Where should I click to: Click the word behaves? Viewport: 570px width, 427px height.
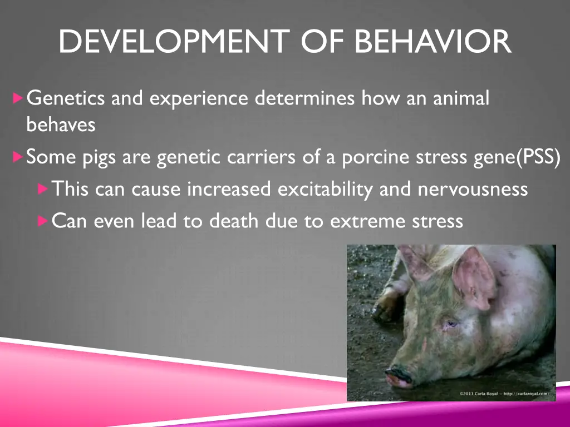point(61,125)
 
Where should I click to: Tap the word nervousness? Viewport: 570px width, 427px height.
point(473,190)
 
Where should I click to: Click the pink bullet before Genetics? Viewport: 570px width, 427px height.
point(18,99)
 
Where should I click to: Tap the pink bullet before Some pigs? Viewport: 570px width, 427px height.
point(18,157)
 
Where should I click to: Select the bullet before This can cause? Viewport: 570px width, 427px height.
point(43,189)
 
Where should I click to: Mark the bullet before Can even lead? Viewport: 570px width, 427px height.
point(43,221)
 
